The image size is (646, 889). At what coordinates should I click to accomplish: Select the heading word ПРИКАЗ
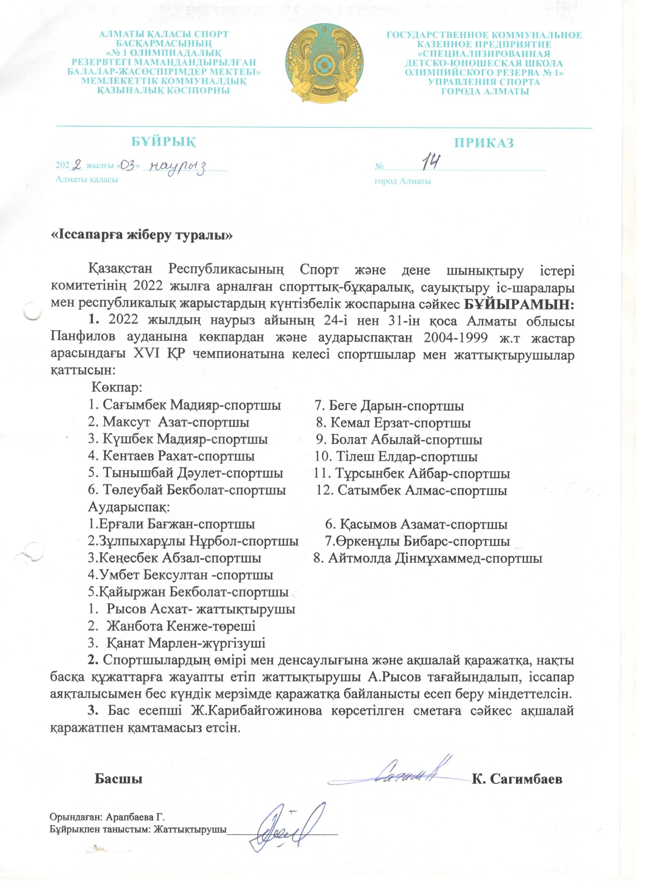click(484, 143)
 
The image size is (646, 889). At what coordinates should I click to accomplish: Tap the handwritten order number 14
click(430, 162)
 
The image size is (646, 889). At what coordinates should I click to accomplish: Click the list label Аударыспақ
click(128, 507)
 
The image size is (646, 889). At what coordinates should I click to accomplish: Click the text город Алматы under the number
click(403, 181)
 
